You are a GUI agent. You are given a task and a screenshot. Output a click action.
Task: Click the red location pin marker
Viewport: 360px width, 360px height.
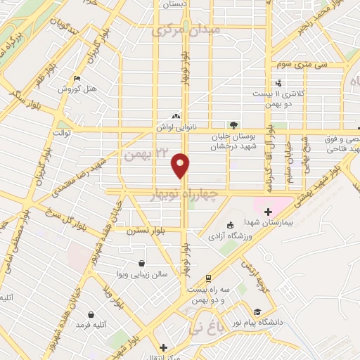[181, 165]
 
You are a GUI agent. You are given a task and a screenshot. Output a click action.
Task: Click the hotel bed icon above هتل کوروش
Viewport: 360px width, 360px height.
[77, 78]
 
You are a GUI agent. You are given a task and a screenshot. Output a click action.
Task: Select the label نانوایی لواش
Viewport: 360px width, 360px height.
[176, 128]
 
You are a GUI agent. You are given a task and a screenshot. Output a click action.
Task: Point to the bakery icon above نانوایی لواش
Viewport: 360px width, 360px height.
[176, 117]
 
